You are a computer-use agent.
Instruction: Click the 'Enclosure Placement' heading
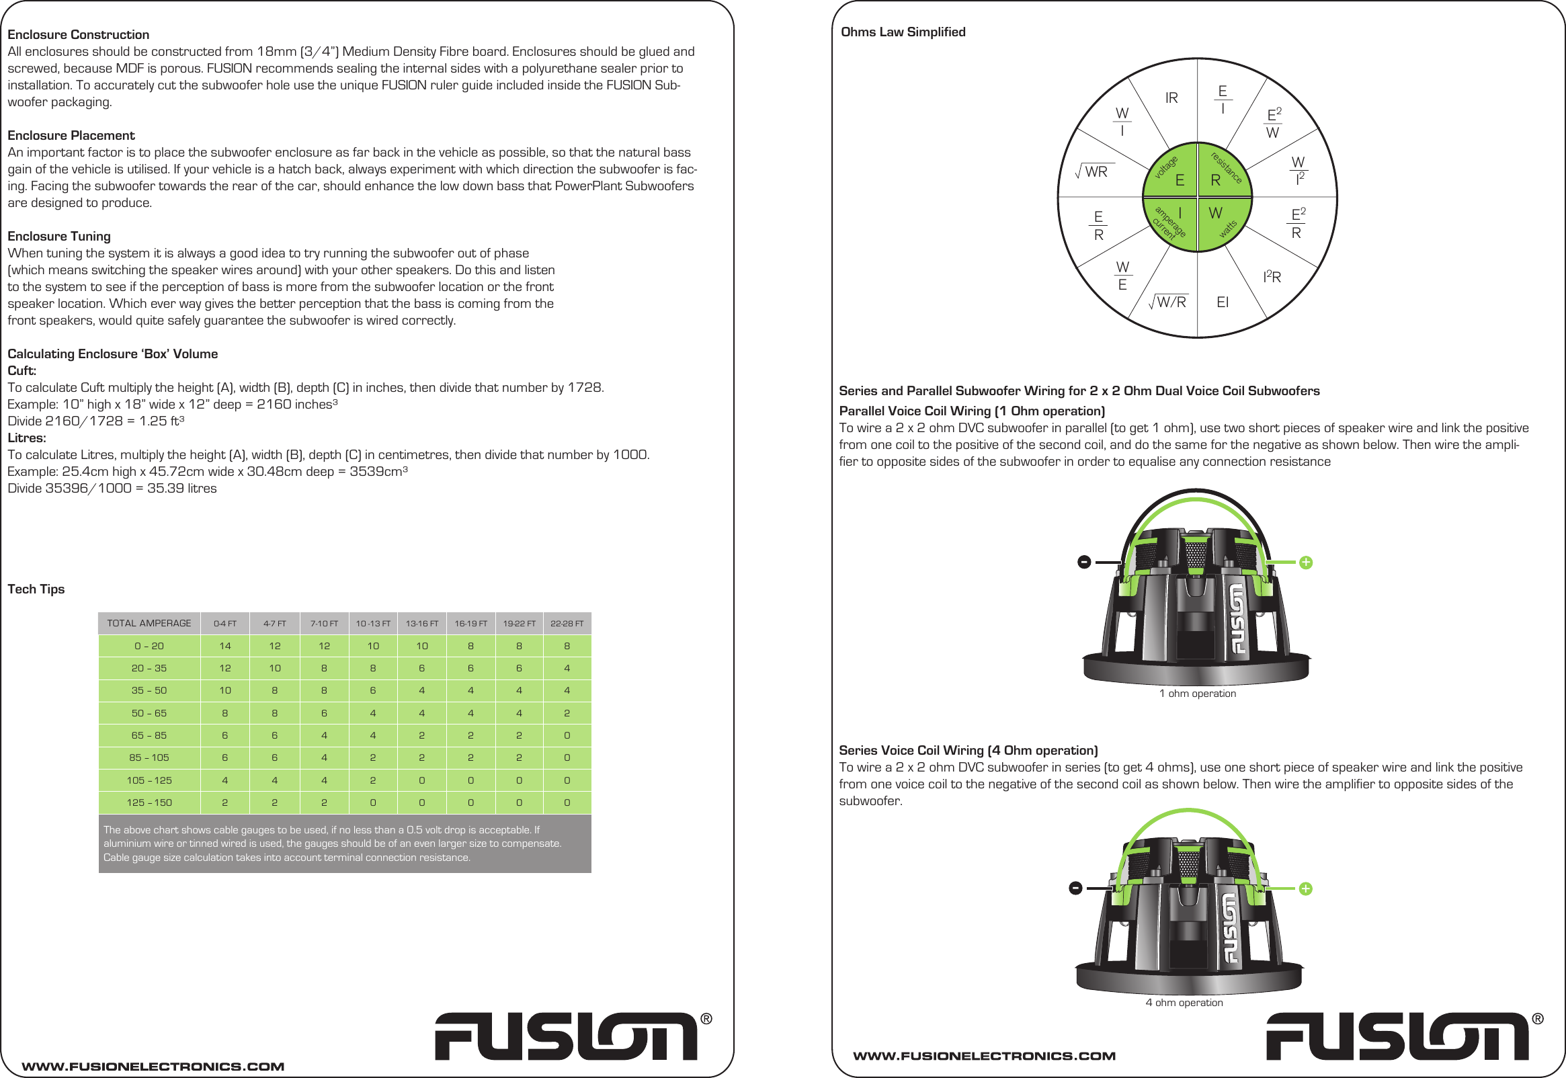coord(71,136)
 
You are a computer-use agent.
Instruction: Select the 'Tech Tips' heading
coord(36,589)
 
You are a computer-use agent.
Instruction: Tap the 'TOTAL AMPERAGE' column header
coord(149,624)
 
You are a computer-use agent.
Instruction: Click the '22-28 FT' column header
coord(567,624)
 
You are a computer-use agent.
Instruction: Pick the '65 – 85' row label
coord(149,735)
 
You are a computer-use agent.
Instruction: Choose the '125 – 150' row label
coord(149,802)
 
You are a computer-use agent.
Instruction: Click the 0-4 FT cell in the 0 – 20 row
coord(225,647)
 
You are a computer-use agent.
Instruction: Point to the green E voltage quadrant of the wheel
coord(1172,173)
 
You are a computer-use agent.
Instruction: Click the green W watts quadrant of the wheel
coord(1222,220)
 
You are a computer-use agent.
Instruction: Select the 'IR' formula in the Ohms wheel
coord(1171,99)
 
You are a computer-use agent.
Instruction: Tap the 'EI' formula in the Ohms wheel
coord(1223,302)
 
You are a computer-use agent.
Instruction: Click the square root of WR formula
coord(1094,172)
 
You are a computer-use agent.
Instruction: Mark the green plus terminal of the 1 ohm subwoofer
coord(1305,563)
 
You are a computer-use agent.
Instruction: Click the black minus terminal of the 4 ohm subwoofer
coord(1076,888)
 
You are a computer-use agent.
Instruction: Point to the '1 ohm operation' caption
coord(1197,694)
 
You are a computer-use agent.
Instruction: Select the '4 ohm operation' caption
coord(1184,1003)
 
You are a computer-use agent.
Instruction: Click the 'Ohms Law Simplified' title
coord(903,32)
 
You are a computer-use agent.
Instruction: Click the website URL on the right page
coord(984,1056)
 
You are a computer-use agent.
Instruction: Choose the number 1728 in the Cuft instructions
coord(584,388)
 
